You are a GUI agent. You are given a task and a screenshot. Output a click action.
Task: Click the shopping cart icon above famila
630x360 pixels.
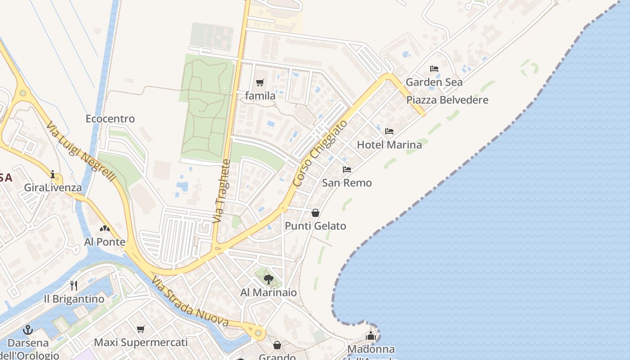260,82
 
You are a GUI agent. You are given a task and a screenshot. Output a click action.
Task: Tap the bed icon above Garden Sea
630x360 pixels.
434,69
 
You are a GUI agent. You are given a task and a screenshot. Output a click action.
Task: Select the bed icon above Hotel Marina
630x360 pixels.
389,131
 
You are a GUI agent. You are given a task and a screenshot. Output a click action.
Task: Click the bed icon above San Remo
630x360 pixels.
347,170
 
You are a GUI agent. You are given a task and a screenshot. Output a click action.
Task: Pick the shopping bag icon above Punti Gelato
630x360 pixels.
315,212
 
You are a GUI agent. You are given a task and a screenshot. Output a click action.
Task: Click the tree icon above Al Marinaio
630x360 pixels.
269,279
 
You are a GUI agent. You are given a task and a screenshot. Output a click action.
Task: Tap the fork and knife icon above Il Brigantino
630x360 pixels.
74,285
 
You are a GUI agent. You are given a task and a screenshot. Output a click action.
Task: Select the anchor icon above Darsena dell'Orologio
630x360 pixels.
28,330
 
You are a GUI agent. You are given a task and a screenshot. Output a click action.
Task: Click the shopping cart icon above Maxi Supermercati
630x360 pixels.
141,329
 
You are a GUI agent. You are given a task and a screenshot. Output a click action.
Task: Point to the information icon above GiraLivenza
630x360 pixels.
53,174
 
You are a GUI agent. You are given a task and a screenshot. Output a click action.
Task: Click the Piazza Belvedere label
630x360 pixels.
447,100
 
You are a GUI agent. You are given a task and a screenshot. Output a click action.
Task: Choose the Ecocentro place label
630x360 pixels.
110,119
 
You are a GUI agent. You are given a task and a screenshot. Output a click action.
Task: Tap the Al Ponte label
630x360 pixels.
105,242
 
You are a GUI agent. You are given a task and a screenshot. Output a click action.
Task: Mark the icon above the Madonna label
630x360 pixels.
371,336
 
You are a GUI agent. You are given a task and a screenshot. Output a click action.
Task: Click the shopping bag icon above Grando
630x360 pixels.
277,345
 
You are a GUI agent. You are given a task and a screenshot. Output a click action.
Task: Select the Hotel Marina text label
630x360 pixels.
389,145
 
